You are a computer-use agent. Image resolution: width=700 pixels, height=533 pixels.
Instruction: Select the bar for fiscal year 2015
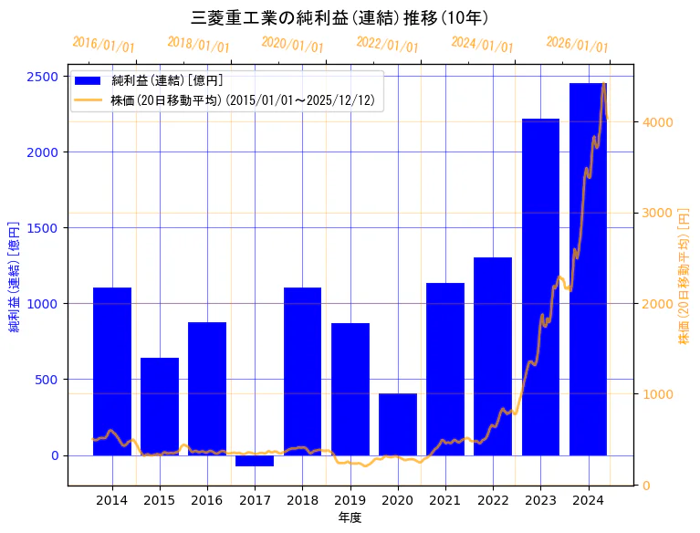(x=160, y=406)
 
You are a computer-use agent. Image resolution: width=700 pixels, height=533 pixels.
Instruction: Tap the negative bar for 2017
(x=255, y=460)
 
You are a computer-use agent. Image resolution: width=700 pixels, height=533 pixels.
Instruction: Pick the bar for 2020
(x=398, y=424)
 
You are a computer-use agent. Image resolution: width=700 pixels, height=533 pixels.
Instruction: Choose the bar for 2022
(x=493, y=356)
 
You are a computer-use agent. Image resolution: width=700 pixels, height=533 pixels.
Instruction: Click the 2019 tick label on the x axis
(x=350, y=500)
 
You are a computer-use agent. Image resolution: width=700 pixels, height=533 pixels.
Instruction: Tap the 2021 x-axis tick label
(x=445, y=500)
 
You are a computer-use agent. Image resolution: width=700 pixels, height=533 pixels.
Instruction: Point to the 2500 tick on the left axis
(x=44, y=77)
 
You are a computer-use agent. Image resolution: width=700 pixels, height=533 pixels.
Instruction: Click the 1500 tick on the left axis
(x=44, y=228)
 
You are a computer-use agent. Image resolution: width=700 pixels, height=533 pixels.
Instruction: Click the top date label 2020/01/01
(x=292, y=45)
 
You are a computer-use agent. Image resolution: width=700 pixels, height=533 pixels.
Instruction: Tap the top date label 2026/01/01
(x=577, y=45)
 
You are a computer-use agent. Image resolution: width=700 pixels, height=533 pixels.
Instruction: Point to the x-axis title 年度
(x=350, y=517)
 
